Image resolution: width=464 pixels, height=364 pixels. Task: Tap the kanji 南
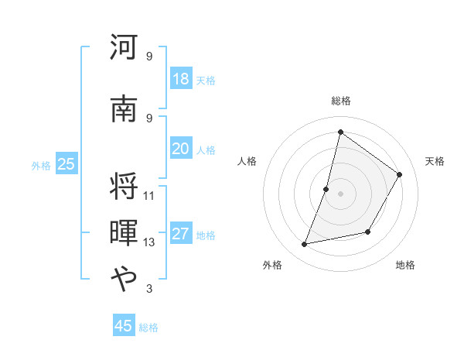click(x=124, y=109)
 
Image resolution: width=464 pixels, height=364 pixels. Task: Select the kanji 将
click(x=124, y=186)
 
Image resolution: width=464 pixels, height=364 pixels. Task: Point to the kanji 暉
click(x=124, y=233)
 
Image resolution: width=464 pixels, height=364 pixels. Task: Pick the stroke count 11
click(x=149, y=195)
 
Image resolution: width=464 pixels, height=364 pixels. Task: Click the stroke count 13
click(x=149, y=242)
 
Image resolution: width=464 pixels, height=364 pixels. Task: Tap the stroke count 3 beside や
click(x=149, y=289)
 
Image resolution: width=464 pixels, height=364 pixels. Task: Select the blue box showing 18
click(x=180, y=79)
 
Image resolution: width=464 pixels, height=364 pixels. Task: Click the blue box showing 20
click(x=180, y=149)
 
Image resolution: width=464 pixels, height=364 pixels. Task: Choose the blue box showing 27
click(x=180, y=235)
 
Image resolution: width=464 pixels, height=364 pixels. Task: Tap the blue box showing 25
click(x=66, y=164)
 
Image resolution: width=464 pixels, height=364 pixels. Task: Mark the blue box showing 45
click(x=123, y=326)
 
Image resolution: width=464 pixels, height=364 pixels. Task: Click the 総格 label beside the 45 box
click(x=148, y=328)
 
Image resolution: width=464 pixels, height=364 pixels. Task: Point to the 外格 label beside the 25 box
click(x=41, y=166)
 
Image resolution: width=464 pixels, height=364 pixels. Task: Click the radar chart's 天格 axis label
click(x=435, y=161)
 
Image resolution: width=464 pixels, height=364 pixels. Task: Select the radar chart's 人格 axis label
click(x=247, y=161)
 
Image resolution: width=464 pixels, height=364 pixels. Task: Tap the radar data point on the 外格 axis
click(x=305, y=245)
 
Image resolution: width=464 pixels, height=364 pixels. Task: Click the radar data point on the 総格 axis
click(x=340, y=132)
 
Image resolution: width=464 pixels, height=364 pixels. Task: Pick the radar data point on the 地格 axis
click(x=368, y=232)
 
